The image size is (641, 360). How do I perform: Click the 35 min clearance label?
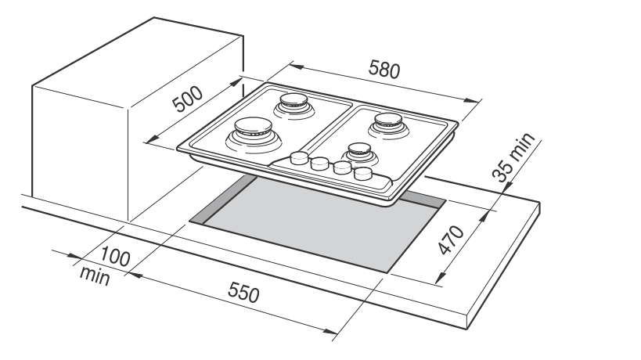[x=515, y=157]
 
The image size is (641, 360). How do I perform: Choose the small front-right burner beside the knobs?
[x=357, y=149]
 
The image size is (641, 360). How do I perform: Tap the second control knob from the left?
[x=319, y=164]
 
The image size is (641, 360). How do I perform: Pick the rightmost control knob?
[x=363, y=175]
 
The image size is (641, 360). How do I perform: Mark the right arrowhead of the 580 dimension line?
[x=474, y=99]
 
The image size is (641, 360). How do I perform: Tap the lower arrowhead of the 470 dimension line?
[x=439, y=281]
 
